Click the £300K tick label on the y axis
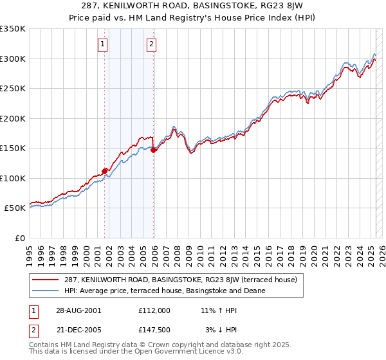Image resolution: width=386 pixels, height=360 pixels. (13, 59)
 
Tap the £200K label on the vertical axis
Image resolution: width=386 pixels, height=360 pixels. (13, 118)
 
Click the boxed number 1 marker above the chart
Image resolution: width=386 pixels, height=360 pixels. (104, 44)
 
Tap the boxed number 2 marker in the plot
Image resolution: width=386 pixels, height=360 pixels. (151, 44)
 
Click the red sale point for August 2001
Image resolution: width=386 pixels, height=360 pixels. (104, 171)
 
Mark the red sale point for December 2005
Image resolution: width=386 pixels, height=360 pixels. (154, 150)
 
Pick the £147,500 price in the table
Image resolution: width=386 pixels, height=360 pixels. (154, 329)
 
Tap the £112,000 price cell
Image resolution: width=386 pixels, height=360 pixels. (154, 310)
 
